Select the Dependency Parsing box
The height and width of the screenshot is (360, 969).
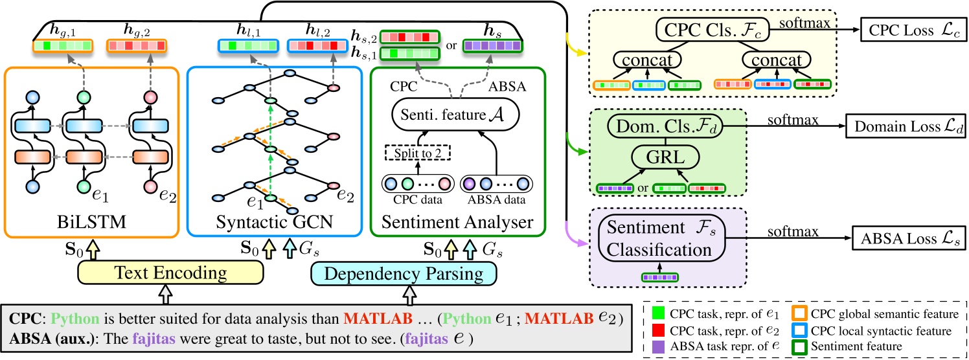point(407,273)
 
